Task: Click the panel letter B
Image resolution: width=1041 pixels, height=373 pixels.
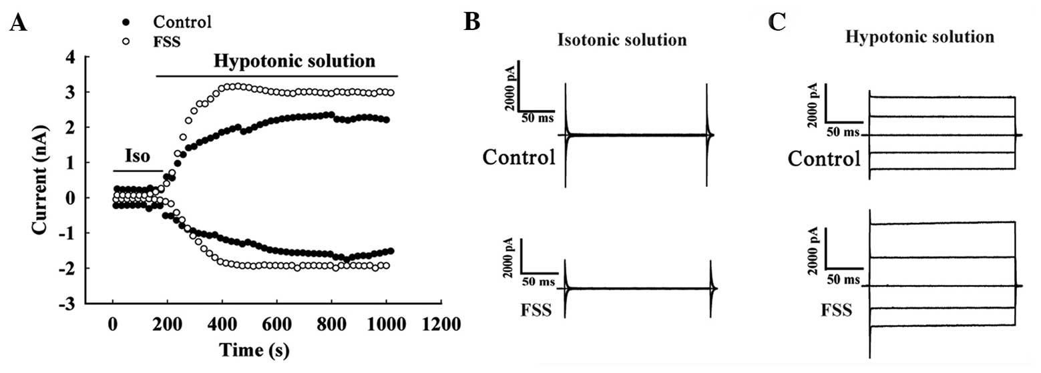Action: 472,22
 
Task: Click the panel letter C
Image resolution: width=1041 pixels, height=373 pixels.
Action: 776,22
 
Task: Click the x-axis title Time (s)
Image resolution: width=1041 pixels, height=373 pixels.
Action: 256,349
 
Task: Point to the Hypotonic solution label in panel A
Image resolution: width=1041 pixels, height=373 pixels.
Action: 294,62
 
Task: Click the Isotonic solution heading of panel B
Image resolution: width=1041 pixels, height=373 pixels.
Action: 622,40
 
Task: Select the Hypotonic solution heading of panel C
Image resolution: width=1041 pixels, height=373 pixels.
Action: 919,37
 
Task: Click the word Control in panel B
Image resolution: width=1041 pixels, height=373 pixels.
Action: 519,158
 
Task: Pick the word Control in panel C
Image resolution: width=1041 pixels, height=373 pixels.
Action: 823,159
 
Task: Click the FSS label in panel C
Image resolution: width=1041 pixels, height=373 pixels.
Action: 835,310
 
